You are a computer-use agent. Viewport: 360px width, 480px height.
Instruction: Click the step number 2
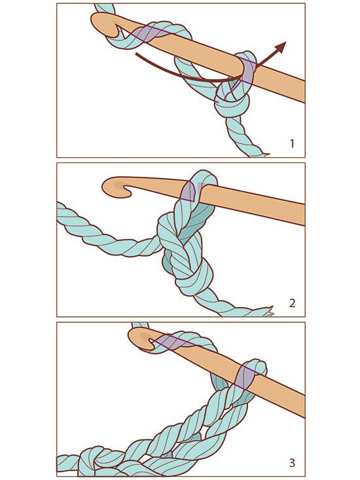click(291, 303)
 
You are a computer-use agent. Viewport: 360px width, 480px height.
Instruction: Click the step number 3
click(291, 463)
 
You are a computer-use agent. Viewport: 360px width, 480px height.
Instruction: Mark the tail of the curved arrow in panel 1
click(138, 57)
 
